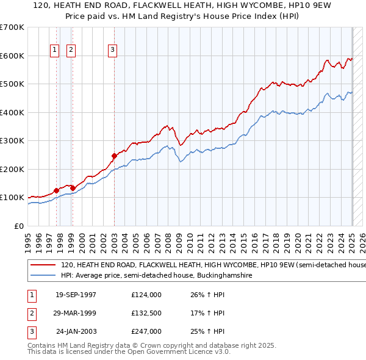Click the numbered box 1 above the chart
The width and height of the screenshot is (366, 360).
54,51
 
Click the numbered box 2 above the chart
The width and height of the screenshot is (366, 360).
71,51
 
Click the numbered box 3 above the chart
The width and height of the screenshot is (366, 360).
113,51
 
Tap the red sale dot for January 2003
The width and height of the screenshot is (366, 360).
114,156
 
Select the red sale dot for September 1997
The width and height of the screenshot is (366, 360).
57,190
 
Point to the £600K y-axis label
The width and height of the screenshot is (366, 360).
12,56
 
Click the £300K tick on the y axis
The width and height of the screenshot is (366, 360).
12,140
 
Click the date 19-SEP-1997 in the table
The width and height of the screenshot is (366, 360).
76,295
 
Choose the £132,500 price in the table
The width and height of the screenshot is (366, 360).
146,313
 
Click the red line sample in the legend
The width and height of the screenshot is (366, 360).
43,265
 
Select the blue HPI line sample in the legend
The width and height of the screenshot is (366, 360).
43,275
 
